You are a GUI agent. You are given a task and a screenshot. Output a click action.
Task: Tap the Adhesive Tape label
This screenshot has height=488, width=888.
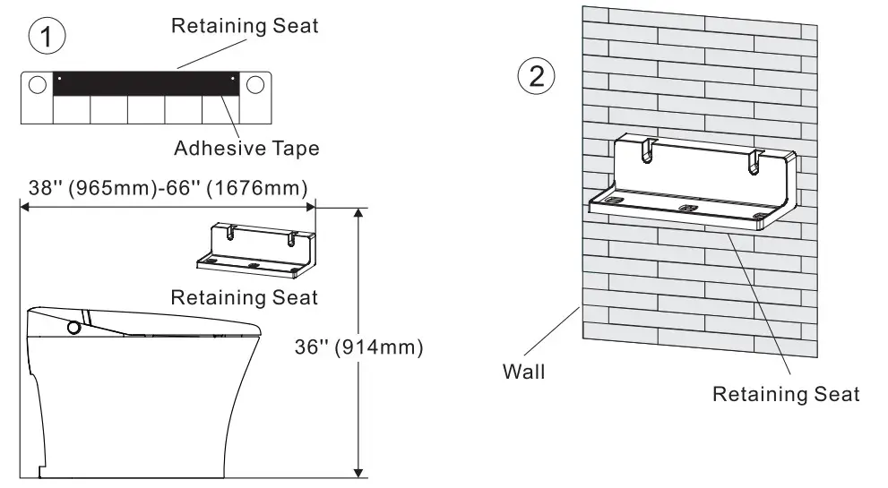click(246, 148)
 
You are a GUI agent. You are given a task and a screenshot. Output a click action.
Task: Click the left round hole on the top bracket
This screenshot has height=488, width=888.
click(37, 84)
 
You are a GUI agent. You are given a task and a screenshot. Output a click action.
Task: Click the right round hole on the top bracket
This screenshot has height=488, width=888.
click(255, 84)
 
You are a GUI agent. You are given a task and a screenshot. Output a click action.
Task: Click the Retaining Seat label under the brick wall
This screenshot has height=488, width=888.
click(785, 393)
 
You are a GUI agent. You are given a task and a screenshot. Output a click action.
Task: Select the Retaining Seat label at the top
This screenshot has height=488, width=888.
click(245, 25)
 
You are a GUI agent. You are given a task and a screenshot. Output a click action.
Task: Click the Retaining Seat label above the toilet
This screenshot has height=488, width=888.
click(245, 296)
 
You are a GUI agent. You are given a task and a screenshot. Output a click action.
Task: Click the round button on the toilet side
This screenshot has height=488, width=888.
click(73, 328)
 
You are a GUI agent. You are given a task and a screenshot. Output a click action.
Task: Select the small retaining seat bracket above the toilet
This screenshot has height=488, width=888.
click(256, 248)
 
